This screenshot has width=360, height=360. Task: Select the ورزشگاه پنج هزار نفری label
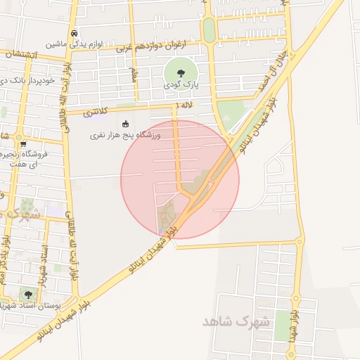pyautogui.click(x=125, y=134)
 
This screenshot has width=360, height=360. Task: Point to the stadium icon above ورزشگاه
pyautogui.click(x=126, y=124)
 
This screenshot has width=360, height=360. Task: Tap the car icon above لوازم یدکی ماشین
pyautogui.click(x=75, y=33)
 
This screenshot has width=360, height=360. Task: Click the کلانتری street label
pyautogui.click(x=96, y=112)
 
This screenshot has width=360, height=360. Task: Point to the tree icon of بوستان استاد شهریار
pyautogui.click(x=28, y=295)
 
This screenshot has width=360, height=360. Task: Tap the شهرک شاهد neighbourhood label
pyautogui.click(x=236, y=321)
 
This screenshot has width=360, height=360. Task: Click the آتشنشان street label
pyautogui.click(x=20, y=53)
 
